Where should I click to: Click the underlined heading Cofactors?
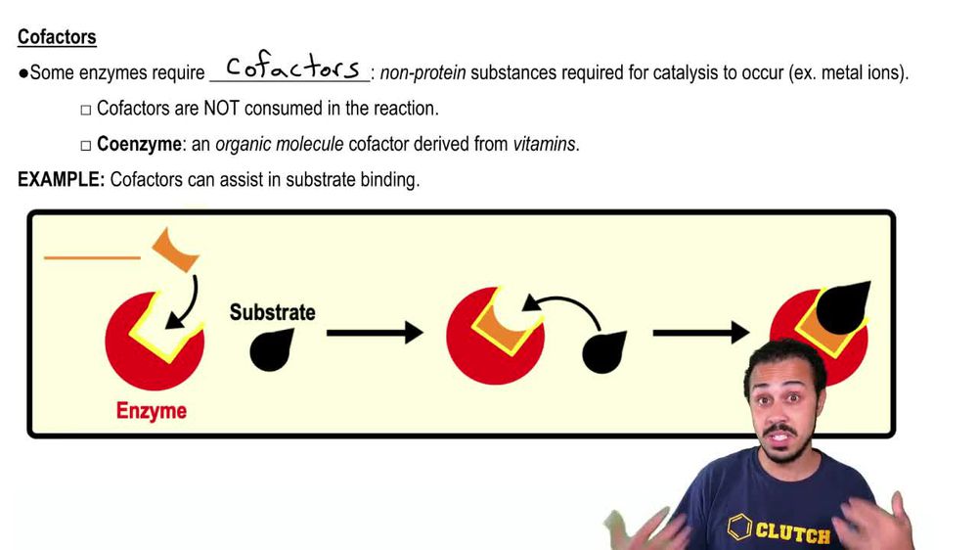(x=57, y=38)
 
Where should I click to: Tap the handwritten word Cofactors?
(x=292, y=69)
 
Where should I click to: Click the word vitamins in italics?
(x=545, y=145)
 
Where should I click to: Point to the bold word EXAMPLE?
(x=61, y=180)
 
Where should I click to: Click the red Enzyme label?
(x=152, y=411)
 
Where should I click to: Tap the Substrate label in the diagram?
(x=272, y=313)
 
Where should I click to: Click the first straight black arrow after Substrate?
(x=374, y=334)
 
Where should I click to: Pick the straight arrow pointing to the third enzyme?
(x=700, y=334)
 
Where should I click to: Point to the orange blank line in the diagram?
(x=92, y=258)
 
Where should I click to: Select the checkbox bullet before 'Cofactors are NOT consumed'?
(x=85, y=110)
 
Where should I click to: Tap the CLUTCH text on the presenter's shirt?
(x=791, y=533)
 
